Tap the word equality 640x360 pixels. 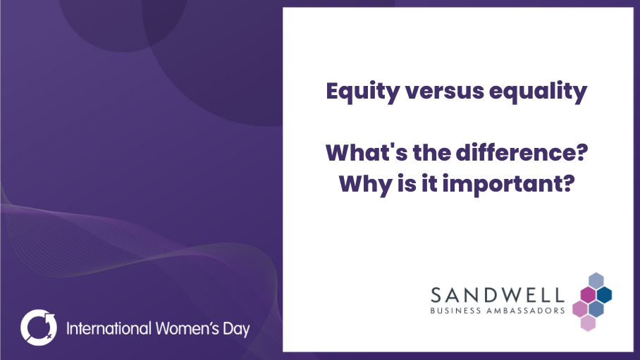coord(538,92)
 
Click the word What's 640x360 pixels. coord(366,153)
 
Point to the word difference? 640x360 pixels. coord(522,153)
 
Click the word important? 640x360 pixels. coord(509,185)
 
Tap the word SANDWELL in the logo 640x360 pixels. coord(498,295)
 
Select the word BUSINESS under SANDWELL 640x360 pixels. coord(456,311)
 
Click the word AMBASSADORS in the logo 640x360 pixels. coord(526,311)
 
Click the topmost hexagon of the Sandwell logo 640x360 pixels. coord(596,281)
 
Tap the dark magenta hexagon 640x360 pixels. coord(588,294)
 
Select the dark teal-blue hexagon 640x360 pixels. coord(604,294)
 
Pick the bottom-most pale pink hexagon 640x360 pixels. coord(588,323)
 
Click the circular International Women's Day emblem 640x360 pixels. coord(39,328)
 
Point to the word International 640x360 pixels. coord(109,328)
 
